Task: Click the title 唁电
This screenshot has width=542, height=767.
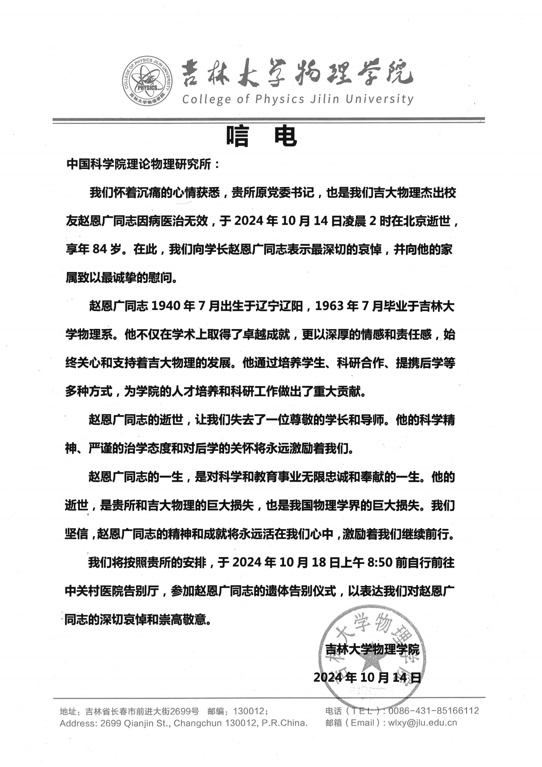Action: pos(261,137)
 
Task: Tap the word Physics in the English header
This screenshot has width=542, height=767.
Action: pos(280,99)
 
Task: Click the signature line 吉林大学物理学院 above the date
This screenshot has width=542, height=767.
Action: pos(372,650)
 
